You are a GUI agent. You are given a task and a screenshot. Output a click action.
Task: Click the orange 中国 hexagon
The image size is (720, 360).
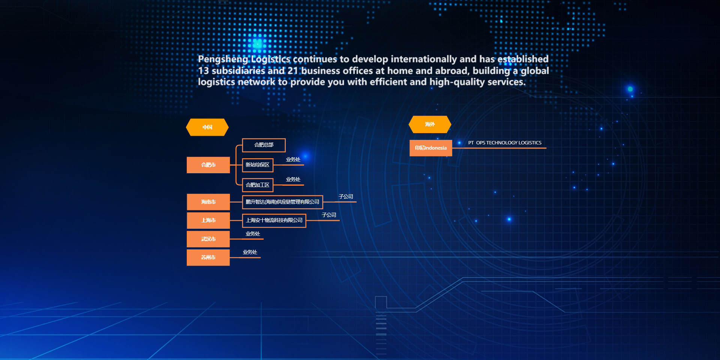coord(207,127)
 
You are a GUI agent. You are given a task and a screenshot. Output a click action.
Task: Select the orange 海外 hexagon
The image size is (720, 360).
coord(430,124)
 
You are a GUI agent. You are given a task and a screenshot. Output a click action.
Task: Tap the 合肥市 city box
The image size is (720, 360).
coord(208,165)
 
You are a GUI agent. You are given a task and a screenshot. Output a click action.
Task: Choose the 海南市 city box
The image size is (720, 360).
coord(208,202)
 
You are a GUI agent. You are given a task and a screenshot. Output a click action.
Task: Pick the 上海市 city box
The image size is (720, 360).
coord(208,220)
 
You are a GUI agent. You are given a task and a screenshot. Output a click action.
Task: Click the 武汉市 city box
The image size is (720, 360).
coord(208,239)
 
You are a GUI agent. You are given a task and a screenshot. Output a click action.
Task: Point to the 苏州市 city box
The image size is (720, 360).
coord(208,257)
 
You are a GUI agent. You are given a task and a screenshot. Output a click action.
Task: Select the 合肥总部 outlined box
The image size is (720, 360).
coord(264,145)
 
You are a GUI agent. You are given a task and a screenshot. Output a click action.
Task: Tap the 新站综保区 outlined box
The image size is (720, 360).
coord(258,165)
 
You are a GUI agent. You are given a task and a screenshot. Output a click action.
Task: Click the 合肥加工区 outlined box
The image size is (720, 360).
coord(258,185)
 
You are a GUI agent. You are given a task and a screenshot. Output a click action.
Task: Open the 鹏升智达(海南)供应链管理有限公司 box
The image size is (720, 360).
coord(282,202)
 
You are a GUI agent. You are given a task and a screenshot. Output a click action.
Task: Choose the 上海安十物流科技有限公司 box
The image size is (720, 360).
coord(274,220)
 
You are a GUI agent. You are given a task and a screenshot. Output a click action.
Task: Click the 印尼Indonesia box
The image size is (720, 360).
coord(431,148)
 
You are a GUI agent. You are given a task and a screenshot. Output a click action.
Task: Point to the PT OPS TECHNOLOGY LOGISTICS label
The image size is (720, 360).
coord(505,143)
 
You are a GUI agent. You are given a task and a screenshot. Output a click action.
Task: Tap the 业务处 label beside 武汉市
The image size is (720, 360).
coord(253,234)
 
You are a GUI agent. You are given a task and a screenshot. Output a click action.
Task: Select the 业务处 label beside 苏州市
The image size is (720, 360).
coord(250,252)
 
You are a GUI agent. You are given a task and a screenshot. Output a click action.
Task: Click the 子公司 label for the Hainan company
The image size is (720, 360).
coord(346,196)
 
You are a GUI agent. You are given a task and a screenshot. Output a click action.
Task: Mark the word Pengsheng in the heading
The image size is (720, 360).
coord(223,59)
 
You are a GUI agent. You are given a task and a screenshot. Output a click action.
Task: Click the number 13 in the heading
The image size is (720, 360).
coord(203,70)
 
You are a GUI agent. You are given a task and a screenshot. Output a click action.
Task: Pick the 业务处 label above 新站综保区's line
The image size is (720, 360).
coord(293,159)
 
